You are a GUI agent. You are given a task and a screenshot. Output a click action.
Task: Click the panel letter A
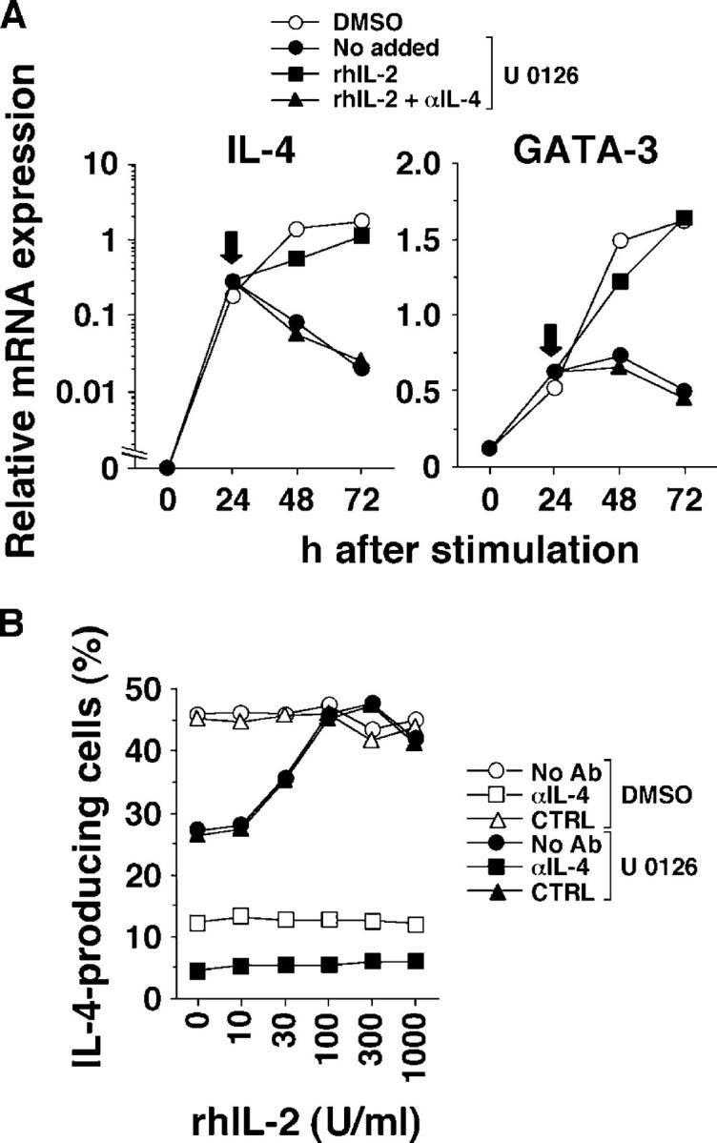click(12, 14)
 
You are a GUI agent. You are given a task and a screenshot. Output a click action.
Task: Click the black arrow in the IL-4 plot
click(231, 250)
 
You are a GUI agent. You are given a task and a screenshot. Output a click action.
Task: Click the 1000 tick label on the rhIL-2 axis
click(416, 1039)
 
